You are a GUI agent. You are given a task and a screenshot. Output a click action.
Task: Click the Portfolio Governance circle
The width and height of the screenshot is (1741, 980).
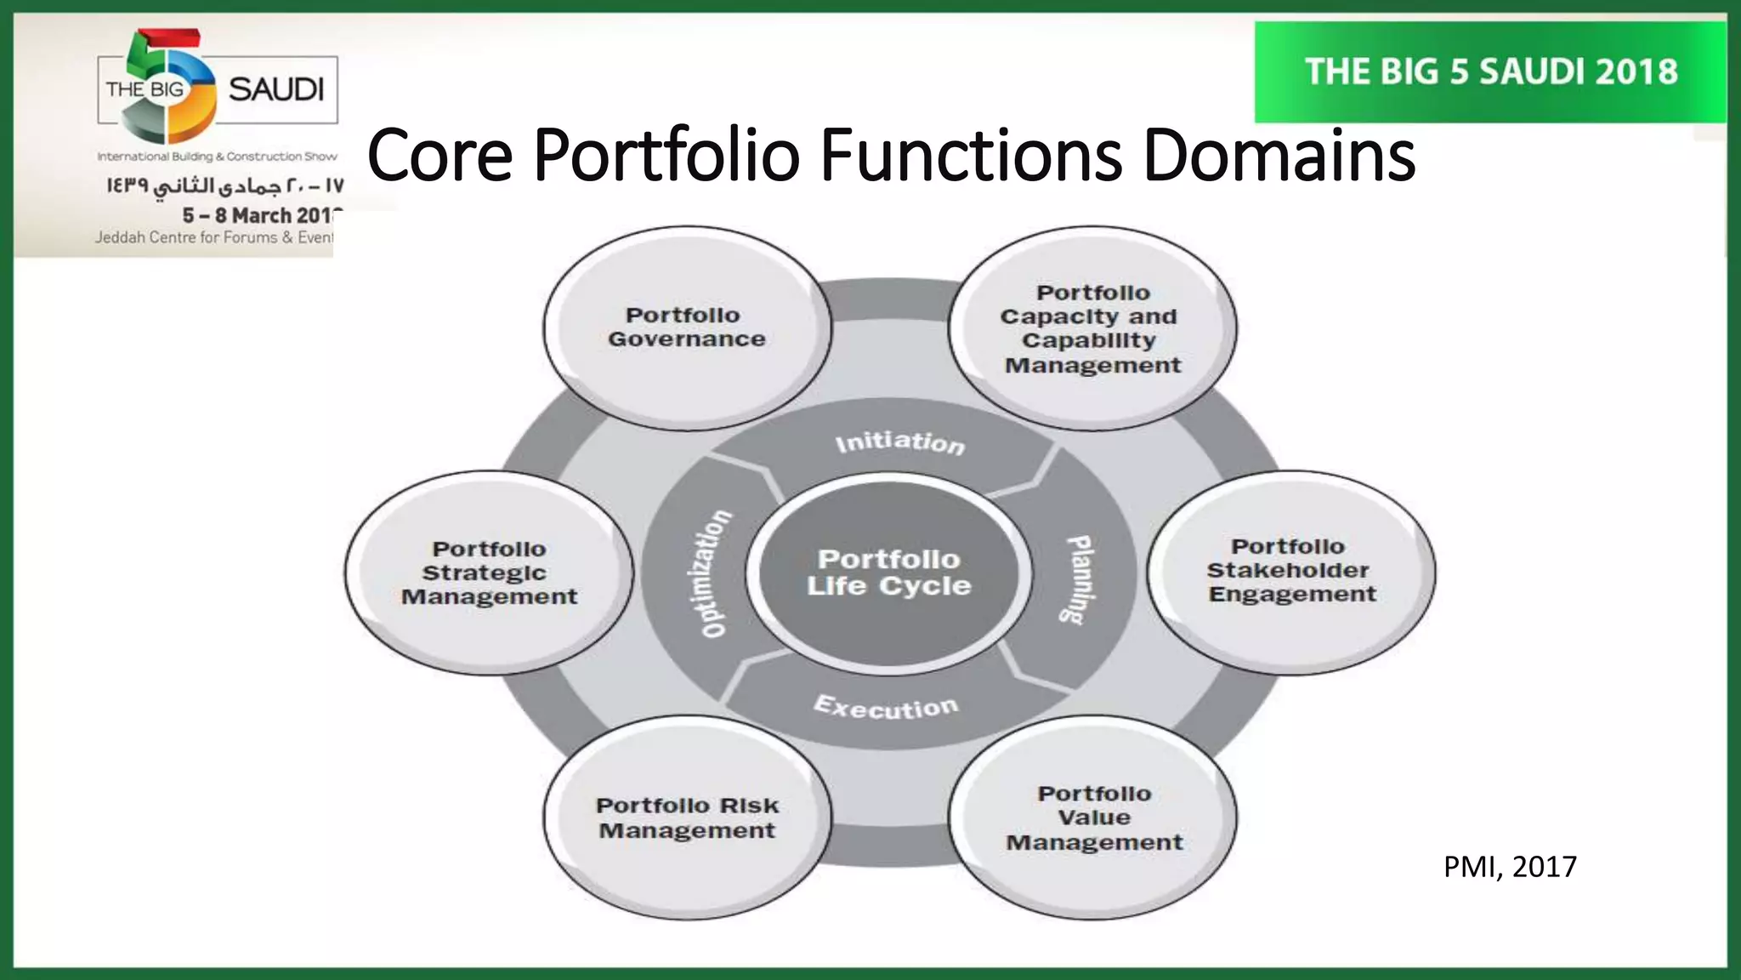point(687,328)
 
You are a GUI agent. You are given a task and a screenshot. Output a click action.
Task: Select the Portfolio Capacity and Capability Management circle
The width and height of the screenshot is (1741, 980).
point(1092,328)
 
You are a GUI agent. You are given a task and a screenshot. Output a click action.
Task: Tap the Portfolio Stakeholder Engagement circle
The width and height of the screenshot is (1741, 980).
point(1290,571)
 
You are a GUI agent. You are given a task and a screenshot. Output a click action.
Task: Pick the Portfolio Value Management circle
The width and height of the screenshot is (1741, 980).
point(1093,818)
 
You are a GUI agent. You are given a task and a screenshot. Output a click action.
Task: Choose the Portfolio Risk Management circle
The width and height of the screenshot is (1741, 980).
point(687,818)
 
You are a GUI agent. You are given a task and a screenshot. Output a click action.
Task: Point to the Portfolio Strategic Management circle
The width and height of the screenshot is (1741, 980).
point(489,573)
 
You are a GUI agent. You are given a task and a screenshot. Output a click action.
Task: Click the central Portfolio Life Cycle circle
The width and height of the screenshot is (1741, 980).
point(888,573)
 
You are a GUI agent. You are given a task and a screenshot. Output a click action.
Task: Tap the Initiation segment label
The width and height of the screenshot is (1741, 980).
point(899,442)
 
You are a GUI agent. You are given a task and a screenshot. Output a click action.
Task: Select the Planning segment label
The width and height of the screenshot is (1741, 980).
point(1080,578)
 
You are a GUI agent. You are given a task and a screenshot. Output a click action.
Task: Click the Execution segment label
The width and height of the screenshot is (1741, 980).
point(886,707)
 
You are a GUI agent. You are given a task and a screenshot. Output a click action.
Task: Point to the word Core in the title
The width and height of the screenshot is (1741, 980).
point(440,156)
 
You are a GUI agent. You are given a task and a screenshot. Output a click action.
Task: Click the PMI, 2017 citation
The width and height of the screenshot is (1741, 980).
point(1510,867)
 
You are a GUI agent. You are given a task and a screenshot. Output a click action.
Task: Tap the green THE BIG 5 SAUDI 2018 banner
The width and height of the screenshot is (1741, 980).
point(1491,72)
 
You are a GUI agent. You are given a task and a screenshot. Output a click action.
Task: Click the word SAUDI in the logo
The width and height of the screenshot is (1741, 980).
point(276,89)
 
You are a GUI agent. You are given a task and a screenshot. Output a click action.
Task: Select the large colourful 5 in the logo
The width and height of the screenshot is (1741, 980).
point(167,85)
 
